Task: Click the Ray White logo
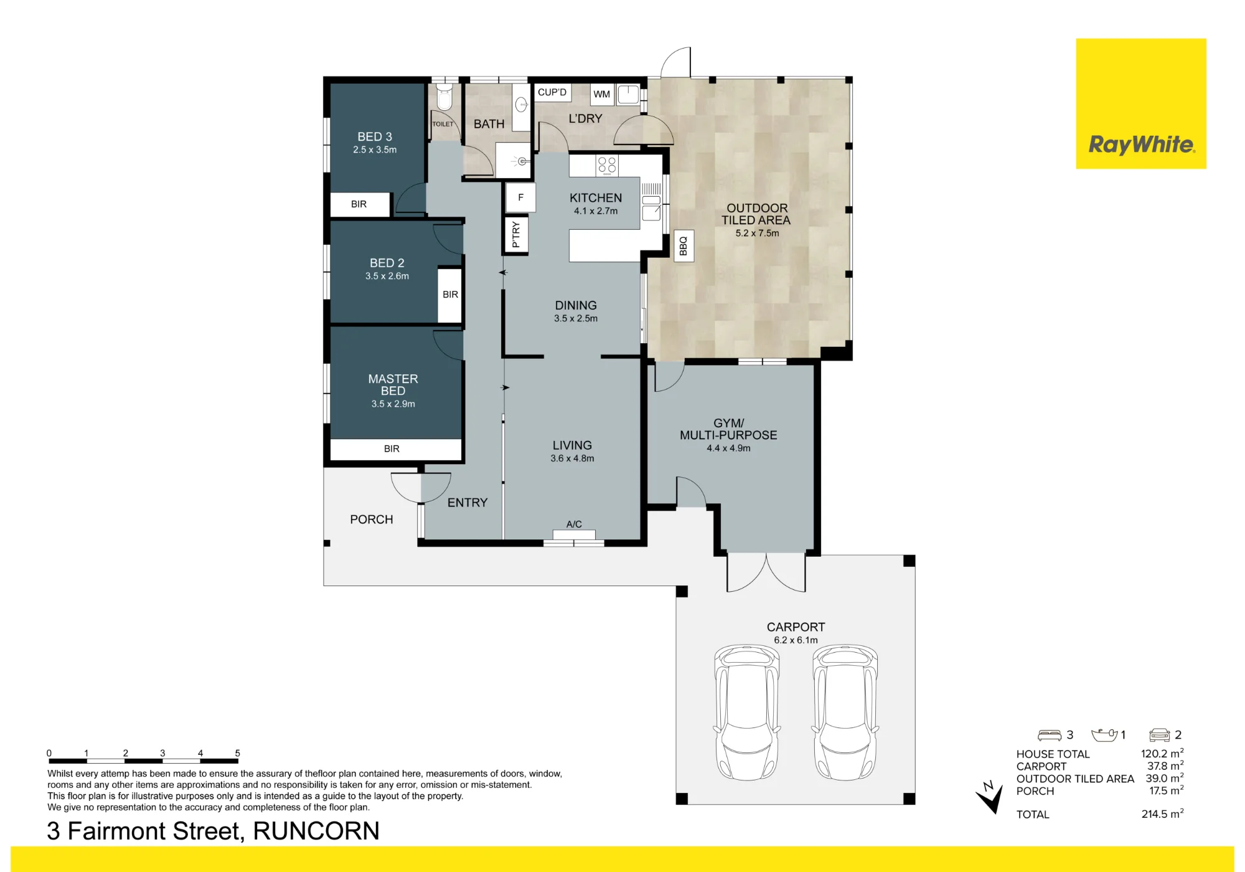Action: click(1141, 103)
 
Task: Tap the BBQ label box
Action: click(684, 245)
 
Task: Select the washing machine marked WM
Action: click(602, 94)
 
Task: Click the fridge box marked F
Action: click(520, 197)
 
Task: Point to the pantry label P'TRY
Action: click(515, 235)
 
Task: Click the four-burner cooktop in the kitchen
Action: click(607, 165)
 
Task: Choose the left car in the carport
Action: click(747, 712)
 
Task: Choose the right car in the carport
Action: click(845, 712)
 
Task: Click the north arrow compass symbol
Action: click(990, 797)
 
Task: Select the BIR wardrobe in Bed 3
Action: click(359, 204)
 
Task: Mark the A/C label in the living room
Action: click(574, 524)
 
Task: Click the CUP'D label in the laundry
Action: click(552, 92)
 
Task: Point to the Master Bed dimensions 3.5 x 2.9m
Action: click(393, 404)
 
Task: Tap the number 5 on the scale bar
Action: click(237, 753)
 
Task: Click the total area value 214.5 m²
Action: click(1162, 813)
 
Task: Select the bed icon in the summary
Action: click(1050, 735)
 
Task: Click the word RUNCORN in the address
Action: click(316, 831)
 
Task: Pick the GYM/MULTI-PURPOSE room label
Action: click(728, 429)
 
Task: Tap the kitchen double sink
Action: click(651, 208)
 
